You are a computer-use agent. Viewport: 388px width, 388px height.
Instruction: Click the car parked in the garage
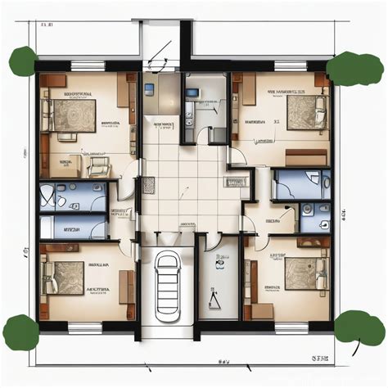[x=169, y=278]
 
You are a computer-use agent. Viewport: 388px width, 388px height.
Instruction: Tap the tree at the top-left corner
[x=22, y=61]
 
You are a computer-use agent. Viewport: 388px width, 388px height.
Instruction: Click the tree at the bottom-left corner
[x=20, y=331]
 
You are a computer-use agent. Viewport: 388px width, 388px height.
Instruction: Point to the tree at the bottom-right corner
[x=359, y=327]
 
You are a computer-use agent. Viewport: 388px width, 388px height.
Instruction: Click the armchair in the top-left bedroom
[x=98, y=166]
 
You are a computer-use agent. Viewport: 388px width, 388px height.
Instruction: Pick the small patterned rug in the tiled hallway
[x=148, y=186]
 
